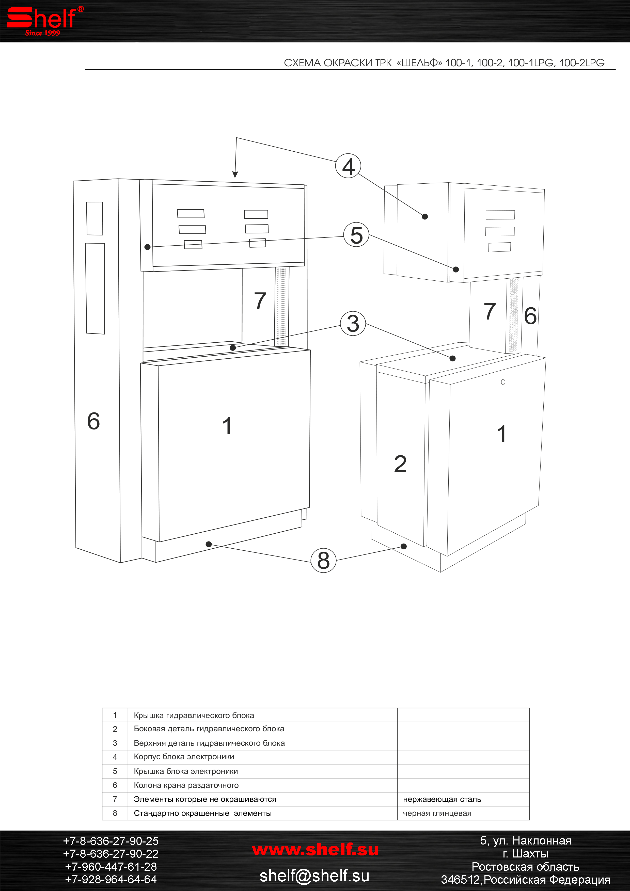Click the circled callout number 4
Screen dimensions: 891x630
coord(348,166)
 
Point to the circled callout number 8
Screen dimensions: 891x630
coord(323,560)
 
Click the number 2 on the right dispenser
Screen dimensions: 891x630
coord(400,464)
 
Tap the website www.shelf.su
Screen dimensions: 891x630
coord(315,850)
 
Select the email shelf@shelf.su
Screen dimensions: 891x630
coord(314,876)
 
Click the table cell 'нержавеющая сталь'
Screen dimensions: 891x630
coord(442,799)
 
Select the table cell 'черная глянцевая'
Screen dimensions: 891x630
coord(437,813)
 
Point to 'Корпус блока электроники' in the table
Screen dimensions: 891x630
coord(184,757)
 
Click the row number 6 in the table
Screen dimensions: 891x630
coord(115,785)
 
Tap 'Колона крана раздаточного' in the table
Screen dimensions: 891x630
coord(186,785)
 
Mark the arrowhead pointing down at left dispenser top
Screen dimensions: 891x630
coord(235,175)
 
